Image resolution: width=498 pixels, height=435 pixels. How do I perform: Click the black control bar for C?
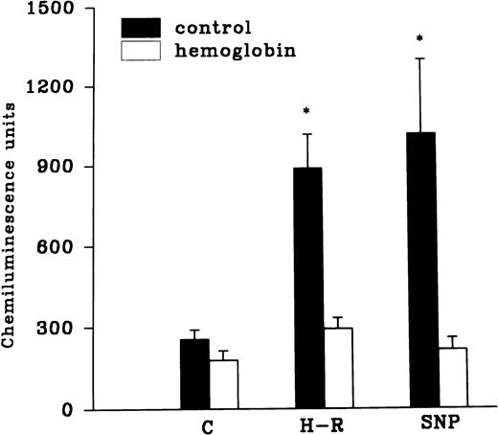tap(194, 375)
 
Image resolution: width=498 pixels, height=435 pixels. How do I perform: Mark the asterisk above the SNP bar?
tap(420, 39)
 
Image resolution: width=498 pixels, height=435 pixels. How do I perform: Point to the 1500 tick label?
tap(74, 9)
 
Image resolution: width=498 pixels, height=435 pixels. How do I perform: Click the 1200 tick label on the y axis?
tap(74, 88)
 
